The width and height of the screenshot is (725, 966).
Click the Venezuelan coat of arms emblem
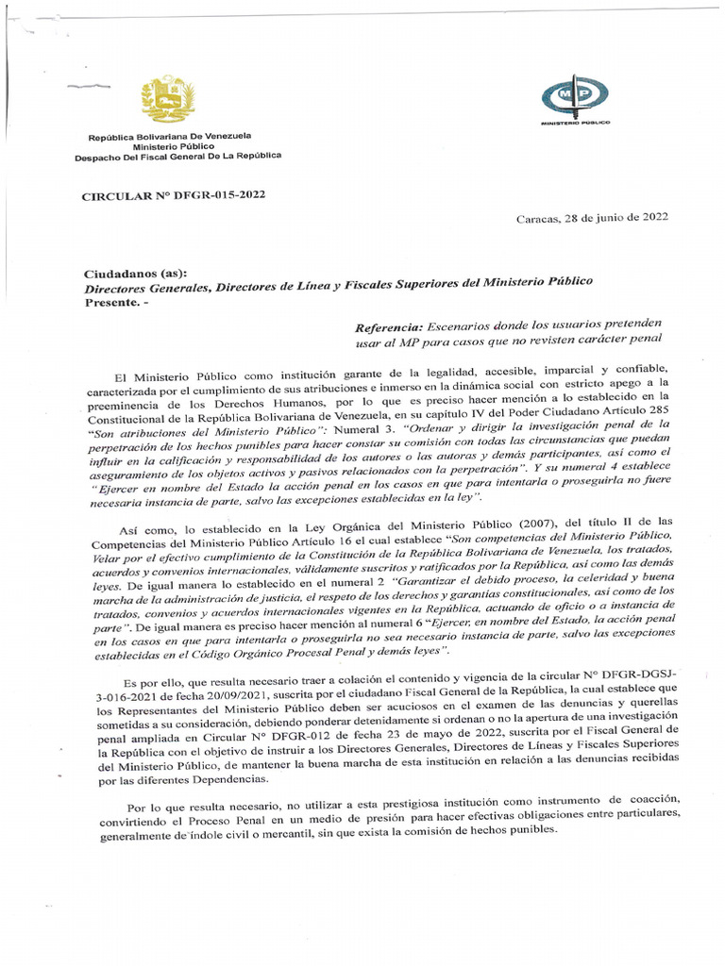[167, 99]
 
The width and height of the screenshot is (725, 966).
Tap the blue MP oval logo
[575, 94]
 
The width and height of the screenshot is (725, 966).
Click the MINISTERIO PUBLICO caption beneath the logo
[575, 123]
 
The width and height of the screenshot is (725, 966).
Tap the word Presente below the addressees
[111, 303]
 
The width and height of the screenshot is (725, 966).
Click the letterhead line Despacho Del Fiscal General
[177, 158]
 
